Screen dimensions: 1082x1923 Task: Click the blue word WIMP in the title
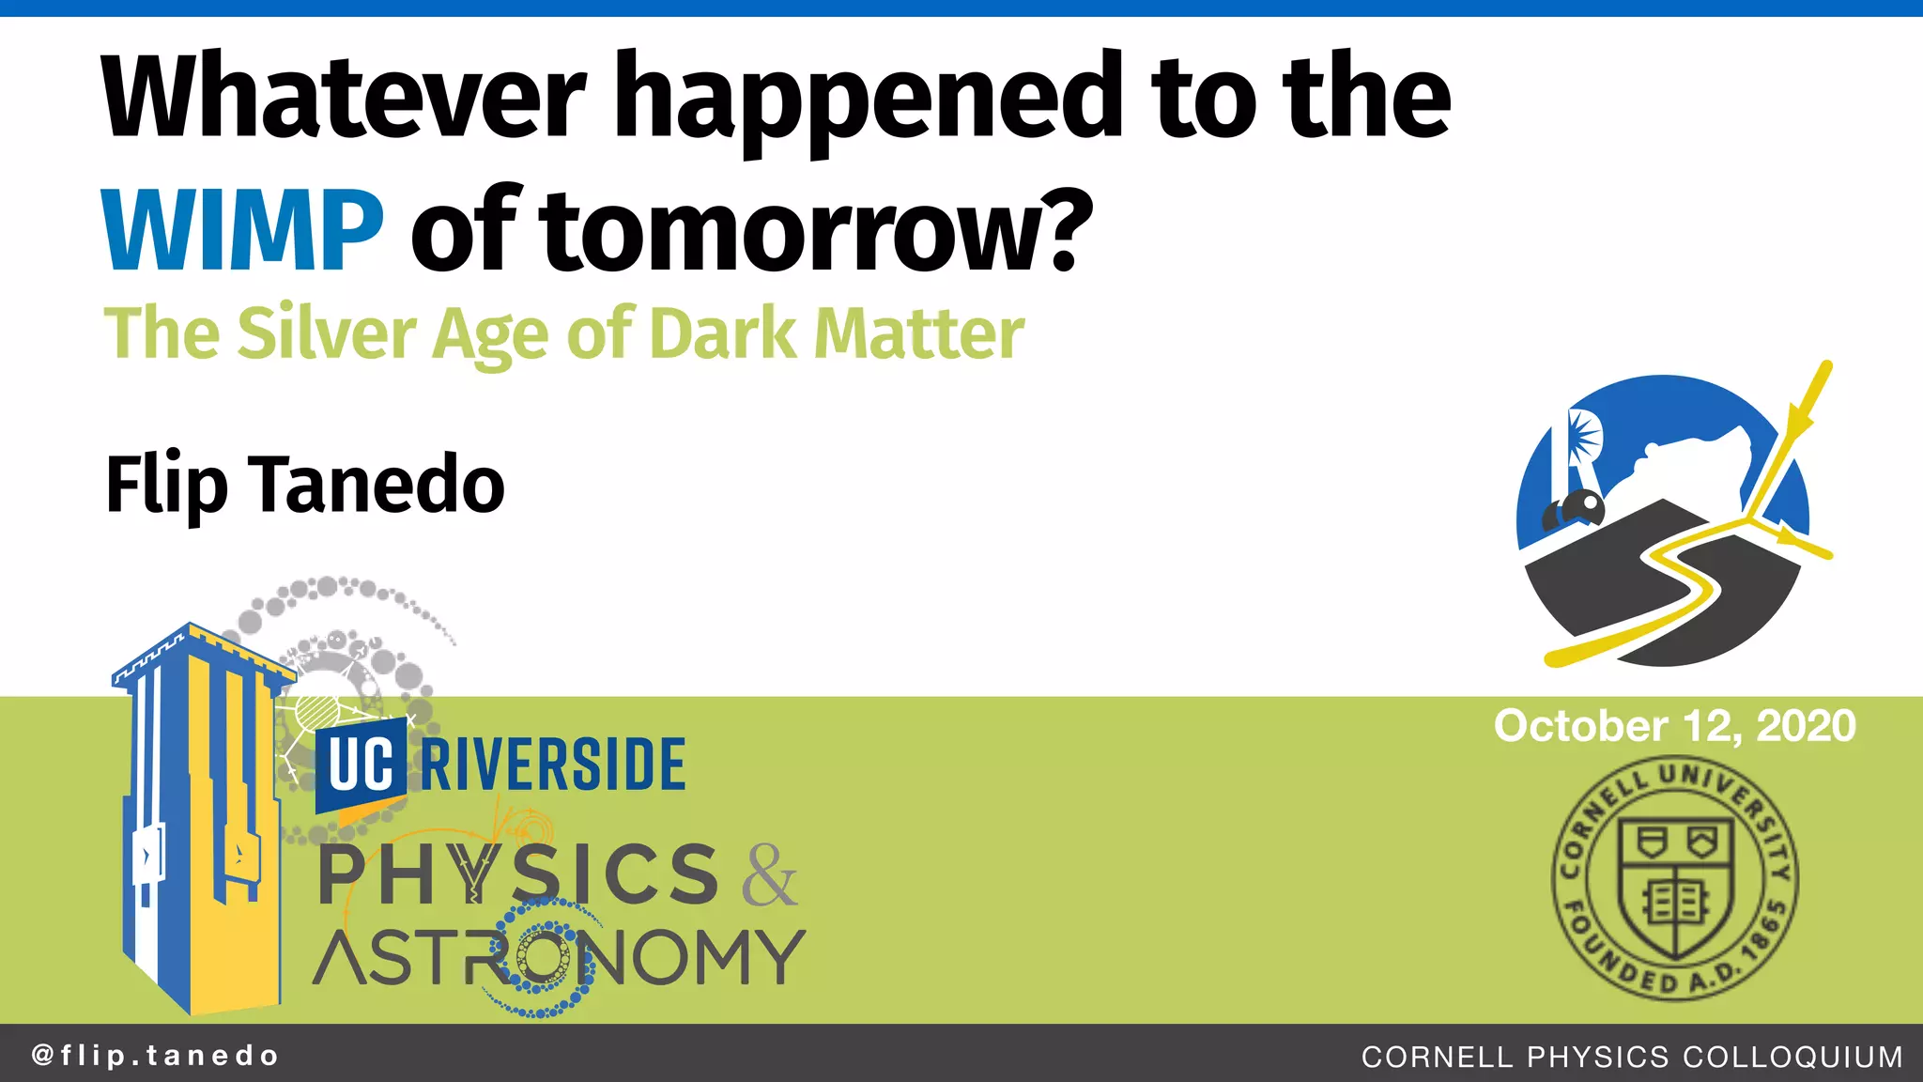coord(242,231)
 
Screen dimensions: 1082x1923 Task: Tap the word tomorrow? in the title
coord(817,231)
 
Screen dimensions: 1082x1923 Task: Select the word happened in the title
coord(873,99)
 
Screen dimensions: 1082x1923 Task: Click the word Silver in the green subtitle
coord(326,334)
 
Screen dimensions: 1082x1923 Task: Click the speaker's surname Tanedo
coord(380,485)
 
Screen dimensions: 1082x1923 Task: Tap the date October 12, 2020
coord(1674,726)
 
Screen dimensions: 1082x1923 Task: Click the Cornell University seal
coord(1674,878)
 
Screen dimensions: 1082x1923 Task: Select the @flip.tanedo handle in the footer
coord(156,1056)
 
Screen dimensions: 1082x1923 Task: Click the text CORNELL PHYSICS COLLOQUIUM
coord(1632,1057)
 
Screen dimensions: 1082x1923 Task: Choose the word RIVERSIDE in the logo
coord(553,765)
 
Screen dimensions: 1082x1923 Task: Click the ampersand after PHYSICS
coord(770,875)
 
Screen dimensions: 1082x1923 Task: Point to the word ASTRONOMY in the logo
coord(560,957)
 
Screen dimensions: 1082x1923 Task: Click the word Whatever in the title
coord(344,99)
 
